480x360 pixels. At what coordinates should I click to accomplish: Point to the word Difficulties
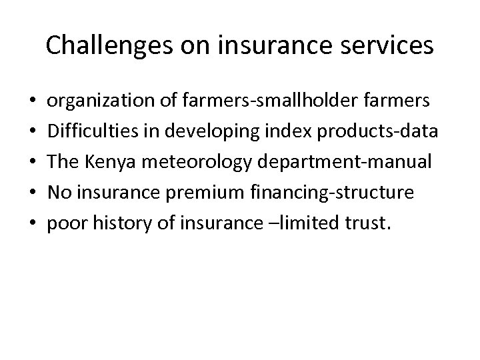pyautogui.click(x=89, y=132)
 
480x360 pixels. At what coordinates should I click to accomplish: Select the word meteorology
pyautogui.click(x=192, y=162)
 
